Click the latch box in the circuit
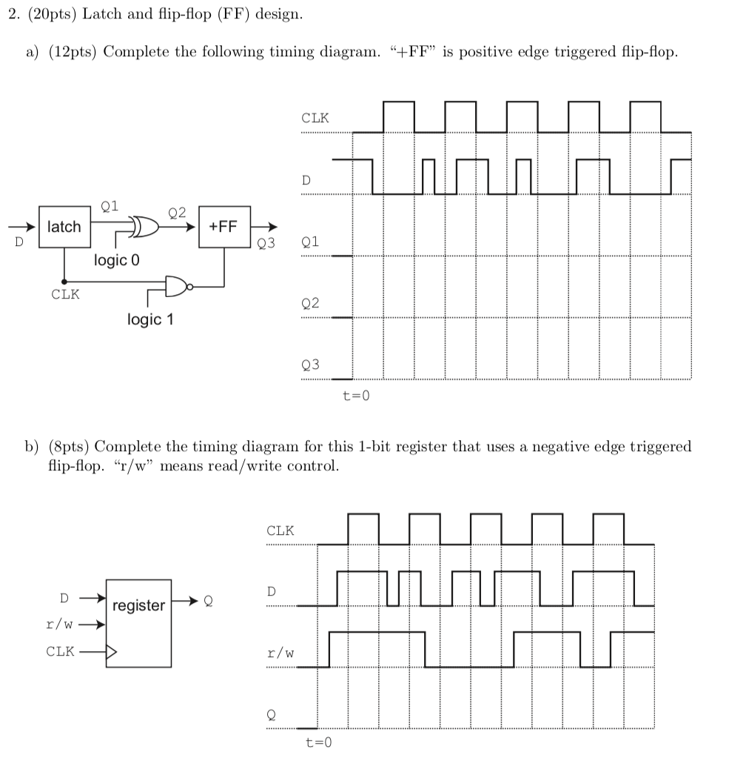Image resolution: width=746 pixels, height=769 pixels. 64,227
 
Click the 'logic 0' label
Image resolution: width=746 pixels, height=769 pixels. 116,261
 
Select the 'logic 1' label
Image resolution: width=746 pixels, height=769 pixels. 149,319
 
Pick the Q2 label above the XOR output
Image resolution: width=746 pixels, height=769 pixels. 178,213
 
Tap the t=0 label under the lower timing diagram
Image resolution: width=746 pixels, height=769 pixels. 319,742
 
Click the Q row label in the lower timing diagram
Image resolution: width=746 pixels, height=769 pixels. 271,714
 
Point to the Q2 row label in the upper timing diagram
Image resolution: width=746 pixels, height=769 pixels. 311,303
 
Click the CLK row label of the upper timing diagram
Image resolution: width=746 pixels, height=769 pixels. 315,118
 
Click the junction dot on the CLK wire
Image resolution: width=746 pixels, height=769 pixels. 64,282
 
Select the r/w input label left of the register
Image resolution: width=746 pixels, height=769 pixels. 59,624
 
